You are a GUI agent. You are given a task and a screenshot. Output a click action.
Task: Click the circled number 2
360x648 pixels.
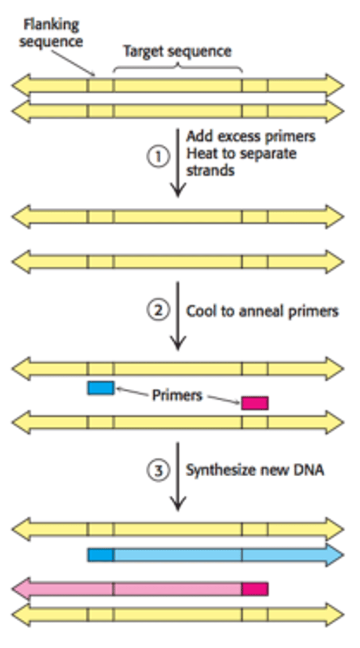[x=158, y=310]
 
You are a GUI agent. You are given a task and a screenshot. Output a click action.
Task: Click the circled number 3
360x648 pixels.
[x=158, y=470]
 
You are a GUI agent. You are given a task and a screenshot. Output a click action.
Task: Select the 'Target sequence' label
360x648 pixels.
[x=177, y=51]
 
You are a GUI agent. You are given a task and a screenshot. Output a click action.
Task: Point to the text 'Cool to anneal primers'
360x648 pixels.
[x=262, y=311]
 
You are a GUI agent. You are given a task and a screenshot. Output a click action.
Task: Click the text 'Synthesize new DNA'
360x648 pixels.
[x=255, y=470]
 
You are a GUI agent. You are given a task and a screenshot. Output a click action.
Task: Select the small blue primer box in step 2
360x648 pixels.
[x=101, y=388]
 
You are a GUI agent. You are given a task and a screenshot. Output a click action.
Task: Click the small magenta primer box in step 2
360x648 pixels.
[x=255, y=403]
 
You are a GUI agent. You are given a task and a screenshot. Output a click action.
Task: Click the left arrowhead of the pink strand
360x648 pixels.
[x=21, y=588]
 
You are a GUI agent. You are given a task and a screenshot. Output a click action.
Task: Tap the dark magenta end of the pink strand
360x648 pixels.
[x=255, y=588]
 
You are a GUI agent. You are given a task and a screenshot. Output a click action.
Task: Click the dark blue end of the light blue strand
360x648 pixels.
[x=101, y=555]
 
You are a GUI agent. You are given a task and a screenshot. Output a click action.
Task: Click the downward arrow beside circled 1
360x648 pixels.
[x=178, y=162]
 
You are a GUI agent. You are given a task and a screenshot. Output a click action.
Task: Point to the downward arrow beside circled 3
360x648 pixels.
[x=178, y=475]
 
